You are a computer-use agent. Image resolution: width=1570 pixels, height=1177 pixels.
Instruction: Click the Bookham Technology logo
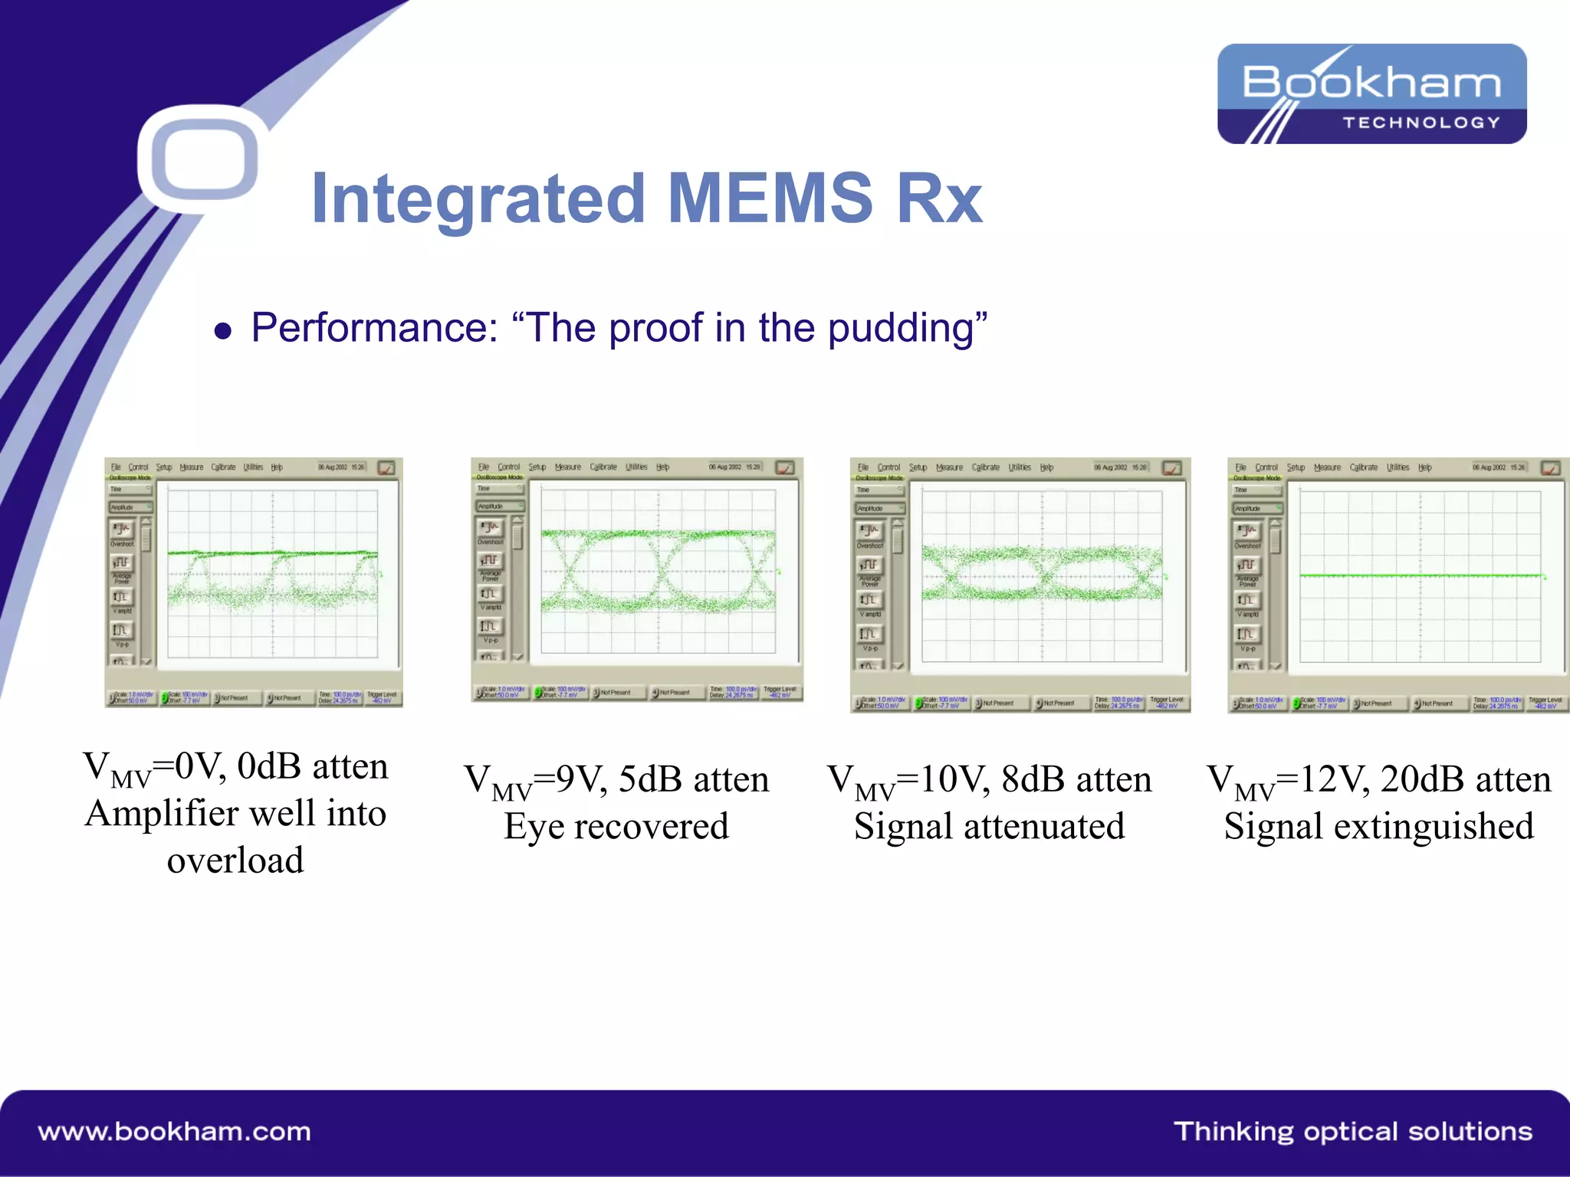point(1371,93)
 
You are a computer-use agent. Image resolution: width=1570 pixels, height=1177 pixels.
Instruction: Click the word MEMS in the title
point(770,198)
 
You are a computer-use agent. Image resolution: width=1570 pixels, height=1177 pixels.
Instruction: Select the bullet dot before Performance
point(223,331)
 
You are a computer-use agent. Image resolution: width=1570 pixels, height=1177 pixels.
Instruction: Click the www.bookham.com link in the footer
point(174,1132)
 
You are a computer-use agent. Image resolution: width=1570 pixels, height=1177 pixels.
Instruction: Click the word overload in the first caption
point(235,861)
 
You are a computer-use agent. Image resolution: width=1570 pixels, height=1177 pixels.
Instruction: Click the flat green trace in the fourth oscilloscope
point(1420,575)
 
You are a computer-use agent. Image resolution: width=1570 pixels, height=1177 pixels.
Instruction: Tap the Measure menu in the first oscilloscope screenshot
point(191,467)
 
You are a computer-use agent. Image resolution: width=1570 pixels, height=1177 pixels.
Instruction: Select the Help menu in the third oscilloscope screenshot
point(1046,467)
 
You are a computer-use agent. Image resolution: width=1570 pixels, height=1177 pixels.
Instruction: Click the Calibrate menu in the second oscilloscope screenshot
point(603,467)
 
